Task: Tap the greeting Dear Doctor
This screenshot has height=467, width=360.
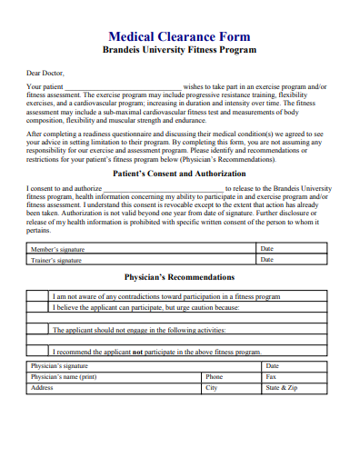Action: (46, 73)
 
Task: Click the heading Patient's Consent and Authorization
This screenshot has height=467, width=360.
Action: (179, 173)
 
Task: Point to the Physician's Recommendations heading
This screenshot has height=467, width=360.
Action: (179, 277)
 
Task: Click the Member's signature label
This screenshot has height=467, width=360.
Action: (55, 249)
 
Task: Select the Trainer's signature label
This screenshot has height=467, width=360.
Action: (55, 260)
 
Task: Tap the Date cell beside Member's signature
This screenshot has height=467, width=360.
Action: (266, 249)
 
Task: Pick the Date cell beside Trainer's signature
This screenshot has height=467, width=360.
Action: (266, 260)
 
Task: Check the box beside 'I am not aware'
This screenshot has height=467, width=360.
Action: (37, 296)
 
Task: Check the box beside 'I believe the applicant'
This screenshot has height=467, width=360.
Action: (37, 307)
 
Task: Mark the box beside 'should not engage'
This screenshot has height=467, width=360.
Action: (37, 330)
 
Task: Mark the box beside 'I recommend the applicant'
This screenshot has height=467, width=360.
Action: (37, 352)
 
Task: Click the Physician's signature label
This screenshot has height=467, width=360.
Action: (59, 366)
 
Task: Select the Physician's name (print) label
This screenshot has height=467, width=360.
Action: (64, 376)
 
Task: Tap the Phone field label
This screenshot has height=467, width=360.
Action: (214, 376)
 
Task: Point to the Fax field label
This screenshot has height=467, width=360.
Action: (270, 376)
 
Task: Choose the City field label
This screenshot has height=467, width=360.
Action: (211, 387)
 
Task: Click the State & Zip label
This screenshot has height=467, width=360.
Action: (281, 387)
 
